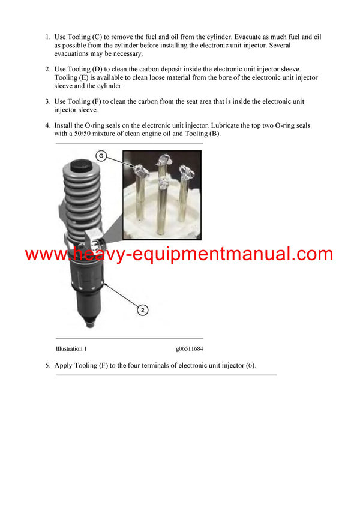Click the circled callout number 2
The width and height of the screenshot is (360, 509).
click(x=143, y=310)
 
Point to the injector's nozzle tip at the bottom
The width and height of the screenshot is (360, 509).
click(x=89, y=324)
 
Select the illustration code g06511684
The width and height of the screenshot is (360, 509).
click(x=189, y=348)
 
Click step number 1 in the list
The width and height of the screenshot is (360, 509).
click(x=48, y=37)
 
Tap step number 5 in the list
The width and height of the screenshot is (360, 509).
click(x=48, y=365)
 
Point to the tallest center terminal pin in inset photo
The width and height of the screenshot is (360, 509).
click(x=161, y=192)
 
